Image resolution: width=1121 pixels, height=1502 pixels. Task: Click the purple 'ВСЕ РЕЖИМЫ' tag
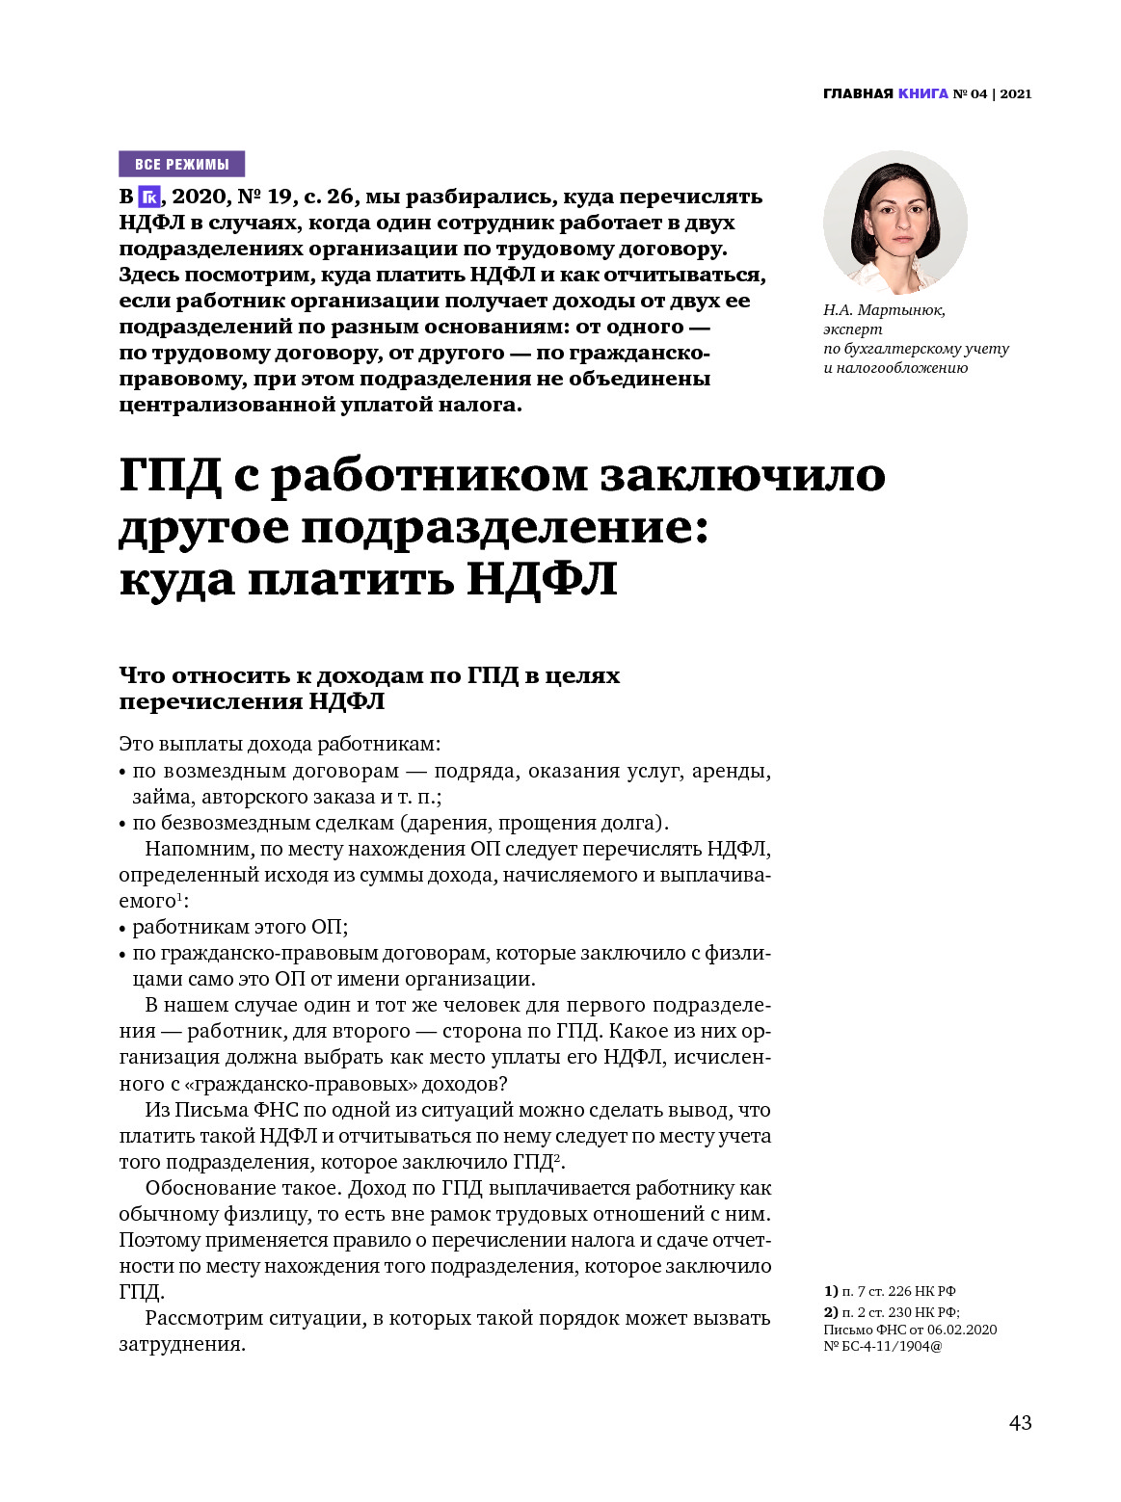(181, 164)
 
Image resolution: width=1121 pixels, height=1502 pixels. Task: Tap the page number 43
(1020, 1423)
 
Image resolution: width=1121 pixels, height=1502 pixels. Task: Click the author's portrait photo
(894, 222)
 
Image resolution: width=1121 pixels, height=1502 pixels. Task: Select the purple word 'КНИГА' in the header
(923, 93)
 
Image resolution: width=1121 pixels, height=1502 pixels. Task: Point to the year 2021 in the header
(1016, 93)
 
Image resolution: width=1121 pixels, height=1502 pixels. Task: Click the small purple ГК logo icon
(148, 198)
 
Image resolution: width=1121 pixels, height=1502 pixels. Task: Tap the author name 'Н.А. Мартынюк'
(884, 310)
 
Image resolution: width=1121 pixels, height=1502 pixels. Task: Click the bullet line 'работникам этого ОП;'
(239, 927)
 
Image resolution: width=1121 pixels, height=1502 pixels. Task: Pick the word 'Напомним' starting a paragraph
(199, 849)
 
